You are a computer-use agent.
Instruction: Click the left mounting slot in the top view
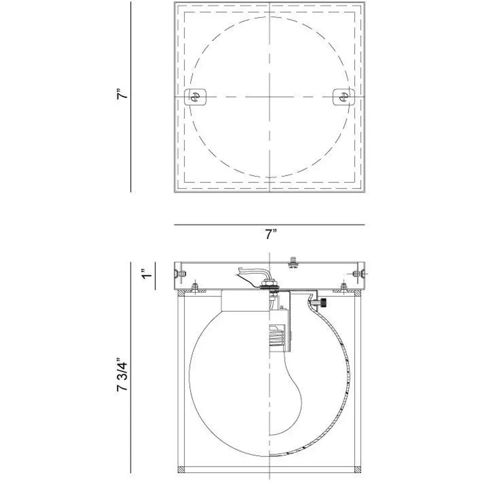coord(195,97)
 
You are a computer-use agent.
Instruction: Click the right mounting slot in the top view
coord(343,97)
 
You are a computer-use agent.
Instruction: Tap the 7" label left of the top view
coord(122,93)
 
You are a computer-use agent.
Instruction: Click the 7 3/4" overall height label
coord(122,374)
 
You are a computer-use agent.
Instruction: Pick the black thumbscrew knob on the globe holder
coord(323,303)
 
